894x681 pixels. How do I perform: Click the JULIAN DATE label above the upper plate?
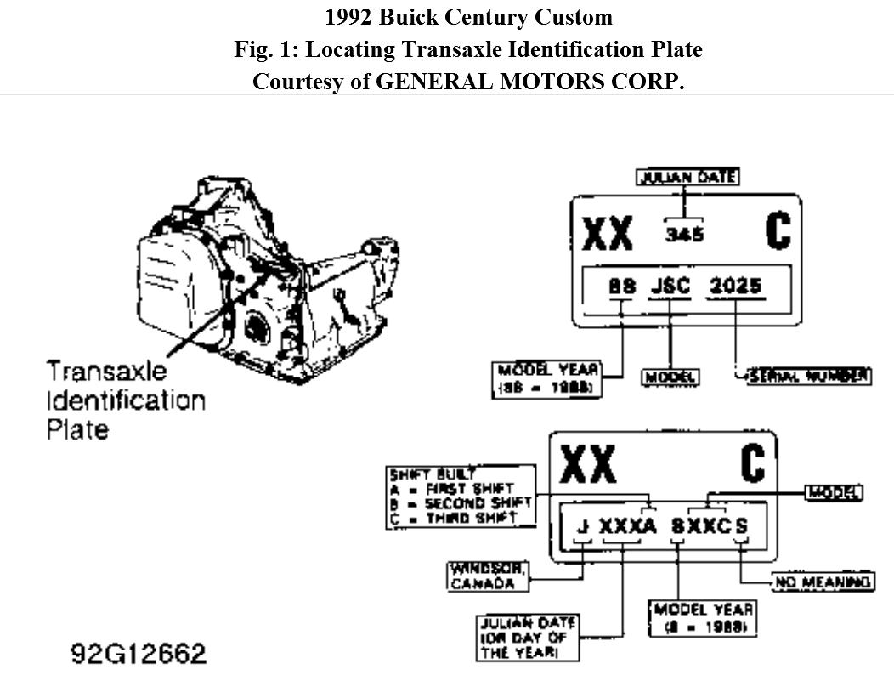coord(688,177)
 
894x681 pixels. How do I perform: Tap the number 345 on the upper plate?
coord(684,233)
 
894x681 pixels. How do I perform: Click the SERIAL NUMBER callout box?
coord(807,375)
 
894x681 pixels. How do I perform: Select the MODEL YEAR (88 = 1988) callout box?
coord(547,379)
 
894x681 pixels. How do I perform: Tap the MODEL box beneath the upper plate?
coord(670,377)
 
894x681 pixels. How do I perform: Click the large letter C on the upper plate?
coord(778,230)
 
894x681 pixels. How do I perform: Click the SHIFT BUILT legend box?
coord(461,496)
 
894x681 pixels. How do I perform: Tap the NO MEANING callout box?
coord(823,582)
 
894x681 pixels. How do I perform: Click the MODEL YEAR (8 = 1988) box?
coord(702,618)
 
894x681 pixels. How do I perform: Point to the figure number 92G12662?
coord(139,653)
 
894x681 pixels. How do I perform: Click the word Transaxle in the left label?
coord(107,372)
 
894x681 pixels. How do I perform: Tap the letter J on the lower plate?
coord(582,525)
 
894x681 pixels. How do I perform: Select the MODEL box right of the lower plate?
coord(834,492)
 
